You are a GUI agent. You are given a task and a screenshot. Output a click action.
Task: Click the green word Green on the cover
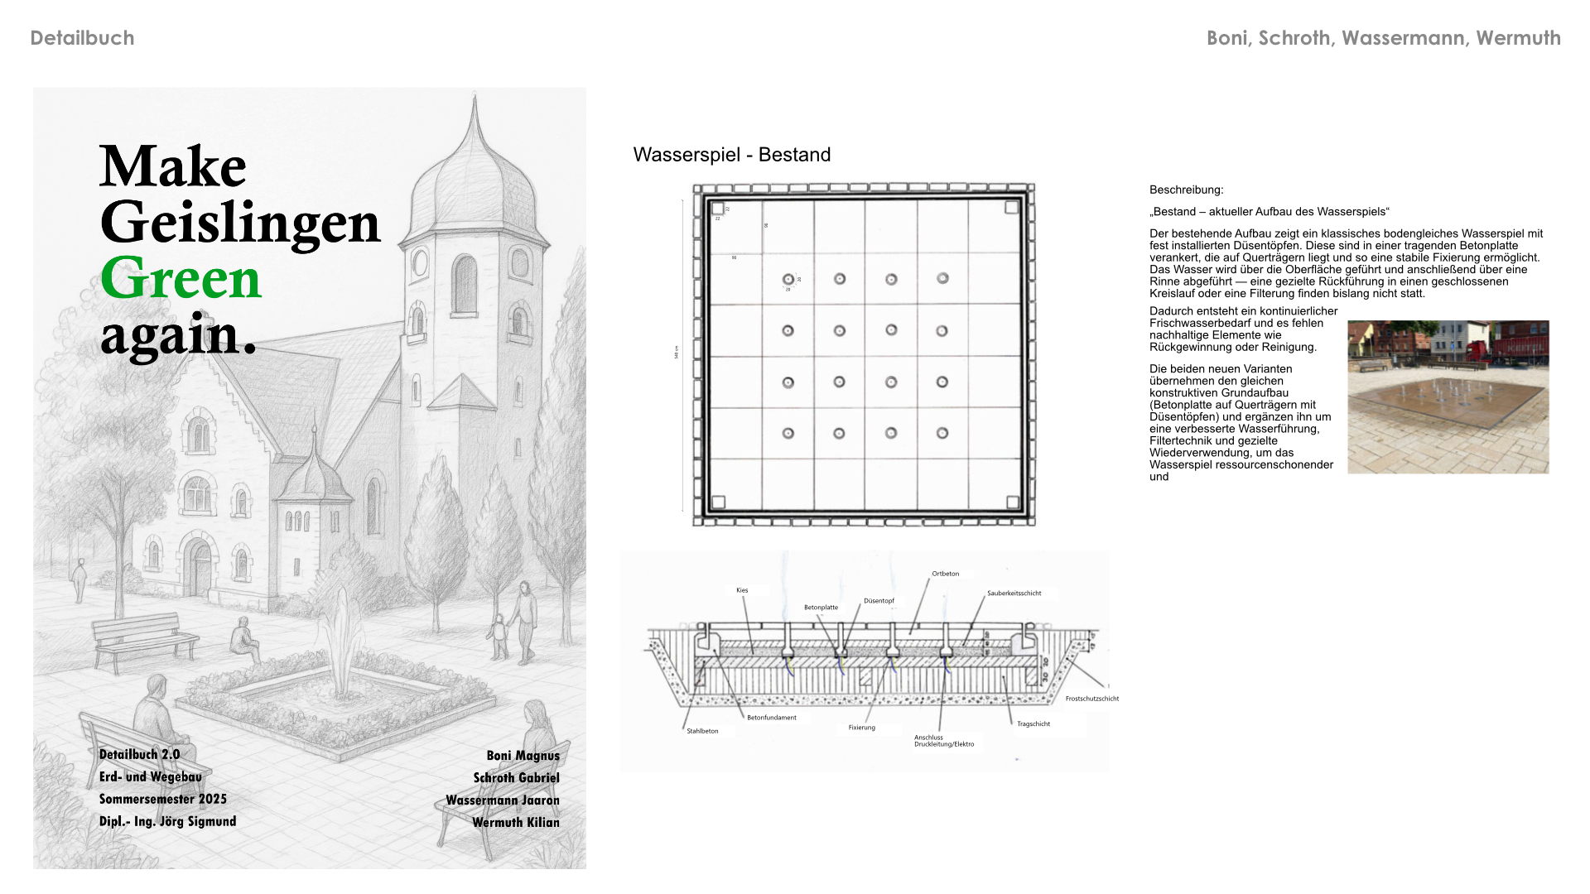tap(181, 279)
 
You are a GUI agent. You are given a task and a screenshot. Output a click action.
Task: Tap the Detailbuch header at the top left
tap(82, 38)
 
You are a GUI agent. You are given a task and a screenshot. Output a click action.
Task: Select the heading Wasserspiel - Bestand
tap(731, 155)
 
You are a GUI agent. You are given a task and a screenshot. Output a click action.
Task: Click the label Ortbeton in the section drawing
tap(945, 574)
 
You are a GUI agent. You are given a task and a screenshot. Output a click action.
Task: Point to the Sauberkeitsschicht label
tap(1014, 594)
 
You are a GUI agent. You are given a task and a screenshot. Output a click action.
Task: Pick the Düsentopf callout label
tap(879, 601)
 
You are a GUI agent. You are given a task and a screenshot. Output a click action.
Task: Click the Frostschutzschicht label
tap(1091, 699)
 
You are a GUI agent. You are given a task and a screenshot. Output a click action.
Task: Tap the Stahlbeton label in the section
tap(702, 731)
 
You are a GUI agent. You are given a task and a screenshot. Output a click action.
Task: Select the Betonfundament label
tap(771, 718)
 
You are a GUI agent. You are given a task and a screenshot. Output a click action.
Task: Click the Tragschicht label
tap(1033, 724)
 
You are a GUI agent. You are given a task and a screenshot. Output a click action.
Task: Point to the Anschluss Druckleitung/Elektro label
tap(943, 741)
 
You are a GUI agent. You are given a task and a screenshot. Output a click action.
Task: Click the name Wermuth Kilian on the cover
tap(515, 822)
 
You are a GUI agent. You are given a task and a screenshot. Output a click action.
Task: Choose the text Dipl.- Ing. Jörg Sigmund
tap(167, 821)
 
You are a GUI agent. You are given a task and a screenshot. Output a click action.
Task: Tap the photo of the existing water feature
tap(1448, 397)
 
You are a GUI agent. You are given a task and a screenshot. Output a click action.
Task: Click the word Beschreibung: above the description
tap(1186, 190)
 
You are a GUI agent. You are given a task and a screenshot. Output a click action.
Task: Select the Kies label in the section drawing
tap(742, 590)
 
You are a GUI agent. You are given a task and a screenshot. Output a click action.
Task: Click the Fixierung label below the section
tap(861, 728)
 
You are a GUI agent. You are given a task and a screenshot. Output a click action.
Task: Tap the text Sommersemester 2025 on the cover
tap(162, 799)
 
